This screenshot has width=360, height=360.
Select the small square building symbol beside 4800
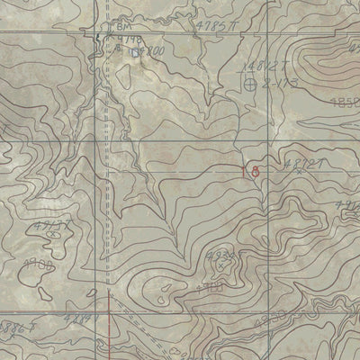pyautogui.click(x=138, y=53)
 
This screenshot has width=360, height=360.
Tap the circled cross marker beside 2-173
pyautogui.click(x=250, y=84)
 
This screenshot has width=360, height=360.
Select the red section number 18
pyautogui.click(x=251, y=168)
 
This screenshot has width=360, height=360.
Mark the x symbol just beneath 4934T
pyautogui.click(x=218, y=266)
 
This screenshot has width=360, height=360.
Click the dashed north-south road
pyautogui.click(x=106, y=180)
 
